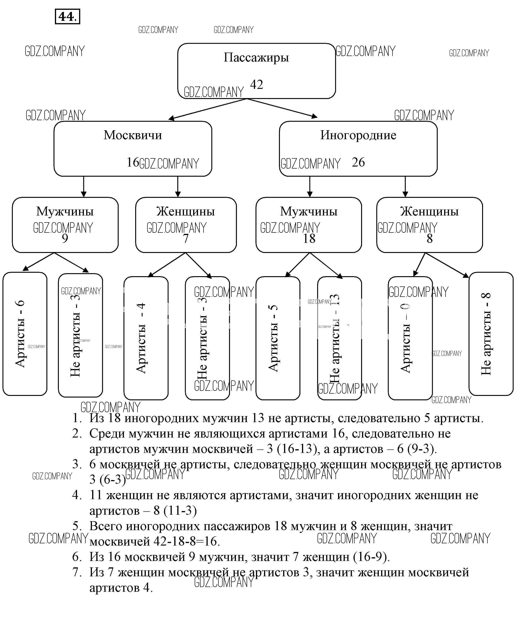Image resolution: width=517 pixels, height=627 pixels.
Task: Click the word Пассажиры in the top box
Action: [256, 57]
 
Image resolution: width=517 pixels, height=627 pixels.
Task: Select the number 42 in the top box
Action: [256, 85]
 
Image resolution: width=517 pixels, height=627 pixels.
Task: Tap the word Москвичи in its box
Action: [133, 135]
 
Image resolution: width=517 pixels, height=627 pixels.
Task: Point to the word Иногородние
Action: [358, 135]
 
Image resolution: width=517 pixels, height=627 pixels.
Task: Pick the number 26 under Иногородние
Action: [358, 163]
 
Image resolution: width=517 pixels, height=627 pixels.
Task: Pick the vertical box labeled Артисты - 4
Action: [146, 338]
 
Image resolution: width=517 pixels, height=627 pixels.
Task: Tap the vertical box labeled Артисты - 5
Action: [278, 338]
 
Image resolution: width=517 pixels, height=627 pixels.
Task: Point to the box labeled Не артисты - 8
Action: [491, 334]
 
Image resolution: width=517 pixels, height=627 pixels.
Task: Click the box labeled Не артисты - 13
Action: [339, 338]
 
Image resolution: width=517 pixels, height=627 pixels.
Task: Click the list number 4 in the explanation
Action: [77, 495]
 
